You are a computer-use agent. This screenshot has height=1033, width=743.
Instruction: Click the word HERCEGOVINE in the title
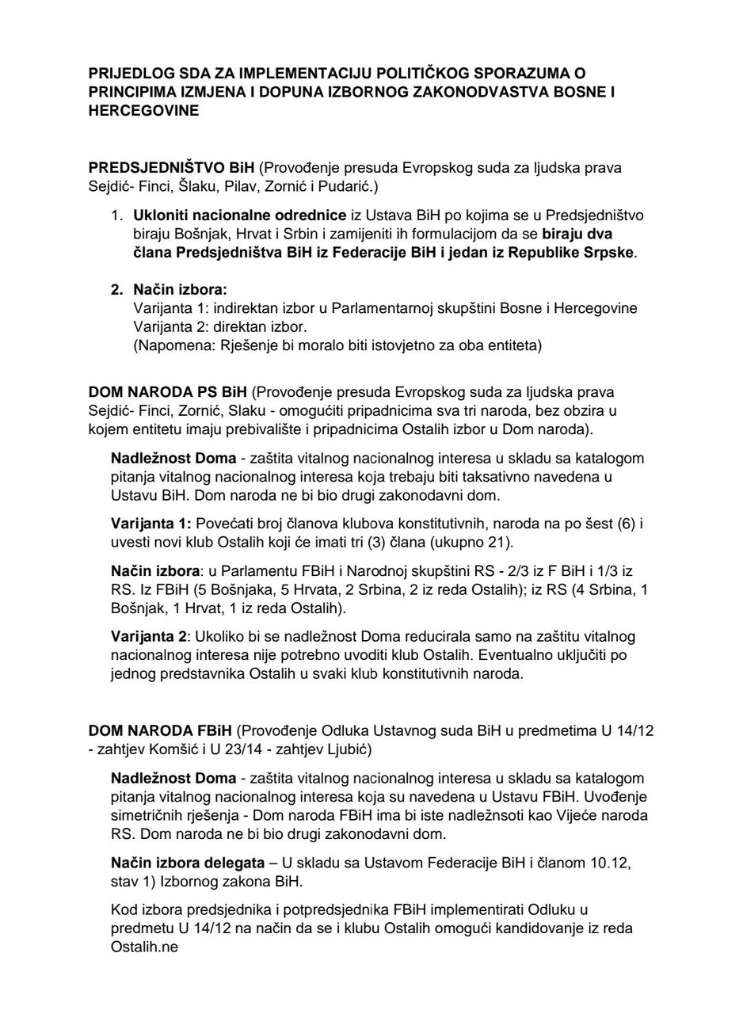pos(143,111)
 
